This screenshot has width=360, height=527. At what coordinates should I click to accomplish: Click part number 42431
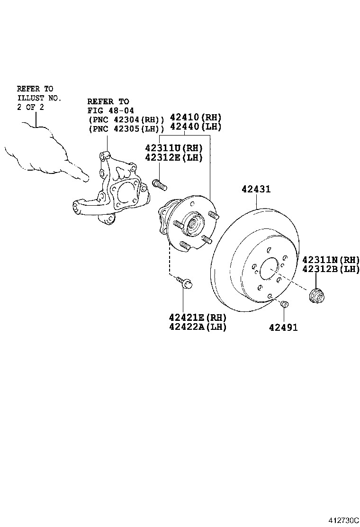[x=256, y=189]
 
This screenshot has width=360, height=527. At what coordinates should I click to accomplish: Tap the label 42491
[x=283, y=327]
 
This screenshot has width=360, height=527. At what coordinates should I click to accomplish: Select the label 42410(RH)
[x=196, y=118]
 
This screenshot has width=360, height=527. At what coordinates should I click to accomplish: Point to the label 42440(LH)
[x=196, y=127]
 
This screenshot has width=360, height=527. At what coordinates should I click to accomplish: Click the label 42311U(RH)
[x=173, y=147]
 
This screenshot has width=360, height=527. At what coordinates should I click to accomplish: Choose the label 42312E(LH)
[x=173, y=157]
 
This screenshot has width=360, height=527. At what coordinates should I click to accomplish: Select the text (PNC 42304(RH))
[x=126, y=119]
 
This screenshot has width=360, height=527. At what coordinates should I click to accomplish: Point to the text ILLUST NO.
[x=39, y=98]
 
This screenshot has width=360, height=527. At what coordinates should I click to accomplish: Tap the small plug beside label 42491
[x=284, y=304]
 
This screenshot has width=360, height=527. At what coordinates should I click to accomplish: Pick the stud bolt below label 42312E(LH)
[x=159, y=184]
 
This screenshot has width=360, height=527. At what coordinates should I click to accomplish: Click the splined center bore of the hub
[x=194, y=223]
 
